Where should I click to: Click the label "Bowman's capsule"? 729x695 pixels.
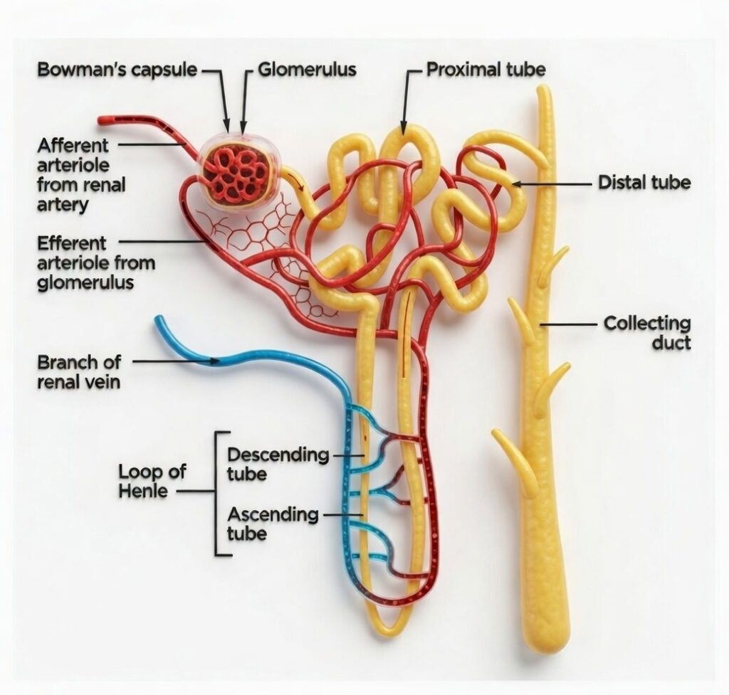118,70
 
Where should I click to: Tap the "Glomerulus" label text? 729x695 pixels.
307,70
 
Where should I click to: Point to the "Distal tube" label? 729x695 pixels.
644,183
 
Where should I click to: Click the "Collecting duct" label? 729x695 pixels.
647,333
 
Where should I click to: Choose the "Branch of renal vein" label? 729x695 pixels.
78,371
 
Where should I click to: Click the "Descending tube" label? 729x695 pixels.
278,464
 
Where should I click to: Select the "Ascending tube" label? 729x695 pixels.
272,524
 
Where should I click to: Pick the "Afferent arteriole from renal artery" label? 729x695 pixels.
82,175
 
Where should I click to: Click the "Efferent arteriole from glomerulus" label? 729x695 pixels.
95,262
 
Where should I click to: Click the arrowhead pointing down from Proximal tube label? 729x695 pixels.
404,128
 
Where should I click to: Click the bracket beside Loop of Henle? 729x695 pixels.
216,492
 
